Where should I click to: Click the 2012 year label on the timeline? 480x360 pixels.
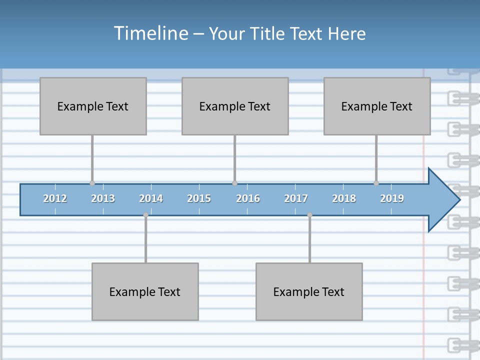[55, 198]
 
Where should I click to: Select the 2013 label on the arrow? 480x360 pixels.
[103, 198]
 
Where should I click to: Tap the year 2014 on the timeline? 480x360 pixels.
[151, 198]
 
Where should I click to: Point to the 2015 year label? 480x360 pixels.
[199, 198]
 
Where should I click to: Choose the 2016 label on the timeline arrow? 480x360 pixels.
[248, 198]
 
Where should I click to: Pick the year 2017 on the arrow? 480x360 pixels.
[296, 198]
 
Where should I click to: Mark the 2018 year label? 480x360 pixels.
[344, 198]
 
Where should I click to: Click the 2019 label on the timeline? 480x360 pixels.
[392, 198]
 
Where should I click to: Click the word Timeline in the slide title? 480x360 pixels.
[150, 33]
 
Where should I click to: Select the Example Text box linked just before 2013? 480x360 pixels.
[93, 106]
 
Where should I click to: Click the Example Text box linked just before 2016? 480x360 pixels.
[235, 106]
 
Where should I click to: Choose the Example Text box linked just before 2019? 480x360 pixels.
[377, 106]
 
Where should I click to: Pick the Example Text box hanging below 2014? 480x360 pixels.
[145, 291]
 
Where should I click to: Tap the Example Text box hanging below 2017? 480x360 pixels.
[309, 291]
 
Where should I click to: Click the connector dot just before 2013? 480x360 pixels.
[92, 183]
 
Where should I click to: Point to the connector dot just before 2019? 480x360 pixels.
[376, 183]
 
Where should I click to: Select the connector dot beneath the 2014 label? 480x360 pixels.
[145, 215]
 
